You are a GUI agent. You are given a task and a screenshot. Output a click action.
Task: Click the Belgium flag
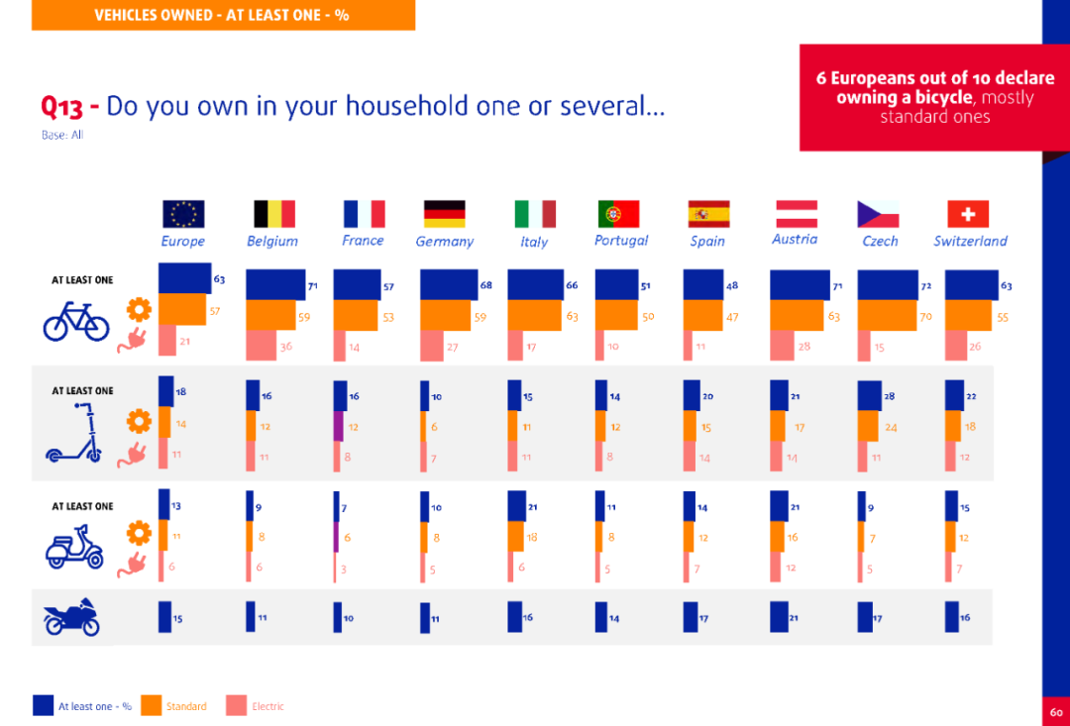click(274, 214)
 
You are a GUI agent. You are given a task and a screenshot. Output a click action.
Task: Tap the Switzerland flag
click(968, 214)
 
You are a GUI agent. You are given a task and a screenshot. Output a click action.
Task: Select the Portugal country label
click(621, 241)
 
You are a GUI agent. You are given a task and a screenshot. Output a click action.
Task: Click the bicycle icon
click(76, 322)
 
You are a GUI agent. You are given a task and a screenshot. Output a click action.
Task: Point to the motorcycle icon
click(71, 617)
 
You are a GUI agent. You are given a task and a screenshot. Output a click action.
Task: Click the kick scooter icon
click(73, 435)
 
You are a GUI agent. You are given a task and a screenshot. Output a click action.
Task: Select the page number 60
click(1056, 712)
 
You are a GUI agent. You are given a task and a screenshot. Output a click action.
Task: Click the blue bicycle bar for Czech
click(888, 285)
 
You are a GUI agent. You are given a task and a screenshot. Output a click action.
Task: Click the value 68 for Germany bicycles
click(485, 285)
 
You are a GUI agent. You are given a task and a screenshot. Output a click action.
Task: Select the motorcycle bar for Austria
click(778, 616)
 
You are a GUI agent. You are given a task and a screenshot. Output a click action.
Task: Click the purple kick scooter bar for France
click(339, 426)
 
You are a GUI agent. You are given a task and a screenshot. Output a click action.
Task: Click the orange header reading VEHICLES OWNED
click(222, 15)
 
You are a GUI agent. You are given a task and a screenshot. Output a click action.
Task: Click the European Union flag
click(183, 214)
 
